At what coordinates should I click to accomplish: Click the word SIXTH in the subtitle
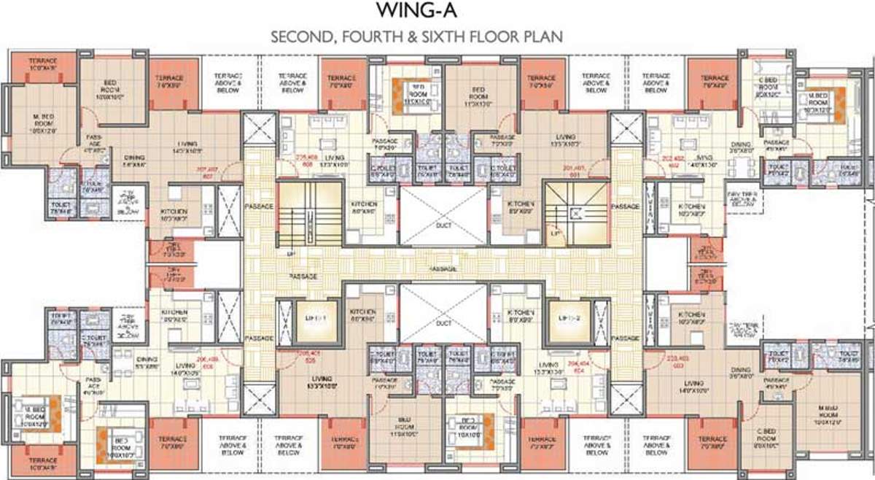(444, 37)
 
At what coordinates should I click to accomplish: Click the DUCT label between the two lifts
(443, 322)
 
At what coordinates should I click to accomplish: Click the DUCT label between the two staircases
(443, 225)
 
